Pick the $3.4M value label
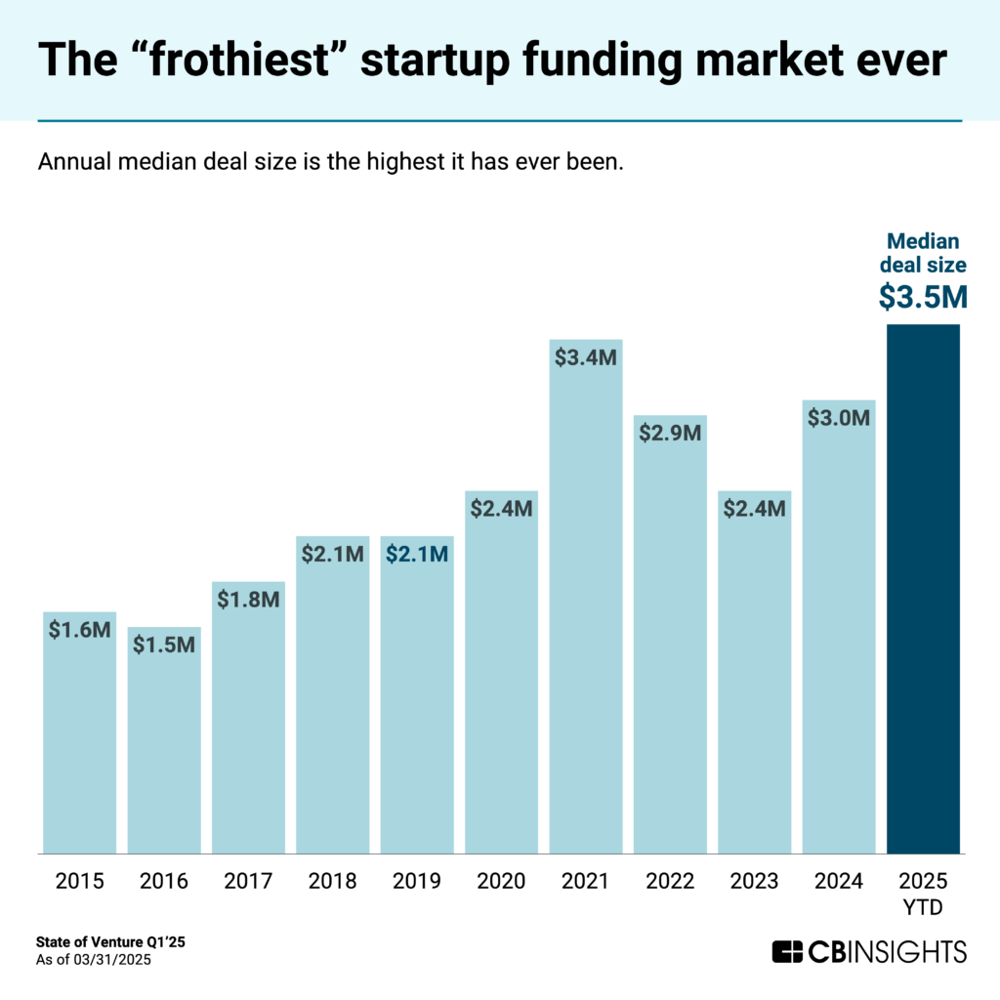pos(586,357)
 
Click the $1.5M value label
pos(164,645)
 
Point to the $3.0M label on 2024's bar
pos(839,418)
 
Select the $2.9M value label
pos(670,433)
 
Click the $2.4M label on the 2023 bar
pos(754,508)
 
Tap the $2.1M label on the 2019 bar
pos(417,554)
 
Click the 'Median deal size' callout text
pos(923,254)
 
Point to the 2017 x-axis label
pos(248,882)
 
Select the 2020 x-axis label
pos(501,882)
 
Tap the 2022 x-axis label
pos(670,882)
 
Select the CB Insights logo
pos(869,950)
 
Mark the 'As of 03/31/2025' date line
pos(94,960)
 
